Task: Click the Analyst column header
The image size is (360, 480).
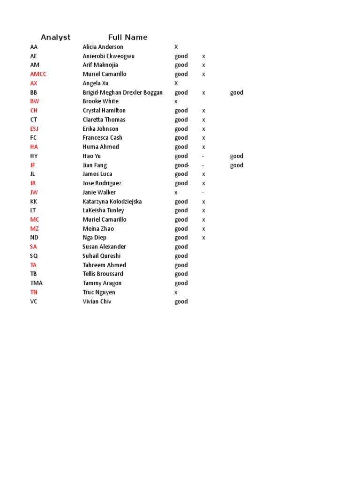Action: (x=55, y=37)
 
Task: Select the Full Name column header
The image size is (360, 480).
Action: (x=127, y=37)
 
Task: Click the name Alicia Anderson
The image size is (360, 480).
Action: (x=103, y=47)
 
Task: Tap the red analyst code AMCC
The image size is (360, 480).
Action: (x=38, y=74)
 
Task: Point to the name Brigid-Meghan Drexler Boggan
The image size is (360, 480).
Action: (x=122, y=92)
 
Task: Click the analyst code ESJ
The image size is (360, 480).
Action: (x=35, y=129)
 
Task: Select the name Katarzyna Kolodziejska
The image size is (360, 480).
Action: (x=112, y=202)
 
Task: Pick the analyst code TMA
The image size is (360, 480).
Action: (x=36, y=283)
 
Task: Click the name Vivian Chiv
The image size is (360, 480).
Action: (x=97, y=301)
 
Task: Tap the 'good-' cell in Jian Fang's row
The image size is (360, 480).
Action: (x=182, y=165)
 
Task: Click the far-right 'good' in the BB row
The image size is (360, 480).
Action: (x=237, y=92)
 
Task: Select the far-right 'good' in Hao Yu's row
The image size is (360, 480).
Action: (x=237, y=156)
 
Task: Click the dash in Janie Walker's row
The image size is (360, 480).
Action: (x=203, y=192)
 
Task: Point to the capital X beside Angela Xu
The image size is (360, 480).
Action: (x=176, y=83)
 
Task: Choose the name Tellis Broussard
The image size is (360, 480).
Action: (x=103, y=274)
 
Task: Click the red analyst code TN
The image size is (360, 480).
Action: (x=34, y=292)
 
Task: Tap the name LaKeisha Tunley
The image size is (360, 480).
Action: (x=103, y=210)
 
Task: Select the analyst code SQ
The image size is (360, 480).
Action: (x=34, y=256)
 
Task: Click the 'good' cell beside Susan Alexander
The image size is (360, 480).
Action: (x=181, y=247)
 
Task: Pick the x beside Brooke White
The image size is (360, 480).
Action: (x=176, y=101)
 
